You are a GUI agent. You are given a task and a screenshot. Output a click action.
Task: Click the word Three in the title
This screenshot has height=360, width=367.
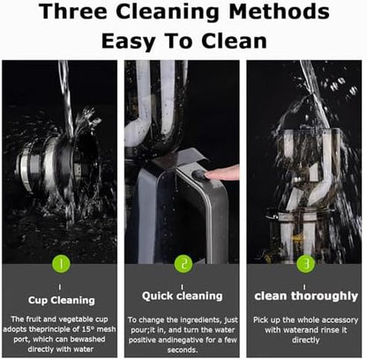(x=73, y=11)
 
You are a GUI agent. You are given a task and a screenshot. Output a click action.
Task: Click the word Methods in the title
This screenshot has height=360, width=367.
(x=279, y=11)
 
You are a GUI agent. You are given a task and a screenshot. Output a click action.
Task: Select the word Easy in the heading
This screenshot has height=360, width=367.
(x=128, y=41)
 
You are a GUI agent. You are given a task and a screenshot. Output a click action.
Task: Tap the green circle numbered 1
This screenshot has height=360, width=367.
(x=61, y=264)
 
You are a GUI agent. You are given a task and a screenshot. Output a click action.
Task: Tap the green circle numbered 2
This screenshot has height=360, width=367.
(x=183, y=264)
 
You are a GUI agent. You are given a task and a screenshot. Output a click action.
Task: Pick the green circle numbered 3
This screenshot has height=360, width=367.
(x=306, y=264)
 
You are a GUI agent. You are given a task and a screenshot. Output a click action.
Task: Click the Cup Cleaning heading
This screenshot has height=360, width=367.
(x=62, y=300)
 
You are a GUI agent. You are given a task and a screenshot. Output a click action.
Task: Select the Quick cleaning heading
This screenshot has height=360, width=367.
(x=183, y=296)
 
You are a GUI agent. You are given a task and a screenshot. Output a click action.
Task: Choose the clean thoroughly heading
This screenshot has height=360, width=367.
(x=306, y=296)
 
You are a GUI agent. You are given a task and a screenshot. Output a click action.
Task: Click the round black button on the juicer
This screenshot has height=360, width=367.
(x=199, y=175)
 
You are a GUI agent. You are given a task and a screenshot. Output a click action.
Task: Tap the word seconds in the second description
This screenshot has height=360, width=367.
(x=183, y=350)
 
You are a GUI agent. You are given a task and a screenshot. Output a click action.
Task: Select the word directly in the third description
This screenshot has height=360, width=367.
(x=306, y=341)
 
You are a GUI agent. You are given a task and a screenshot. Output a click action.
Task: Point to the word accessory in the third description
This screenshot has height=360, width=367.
(x=341, y=320)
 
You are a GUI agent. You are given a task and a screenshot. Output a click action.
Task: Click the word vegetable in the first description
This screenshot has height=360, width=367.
(x=76, y=319)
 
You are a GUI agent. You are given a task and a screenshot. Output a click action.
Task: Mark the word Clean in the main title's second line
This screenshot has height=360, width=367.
(x=234, y=41)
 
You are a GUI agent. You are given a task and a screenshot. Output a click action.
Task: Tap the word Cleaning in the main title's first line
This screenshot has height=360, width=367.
(x=168, y=11)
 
